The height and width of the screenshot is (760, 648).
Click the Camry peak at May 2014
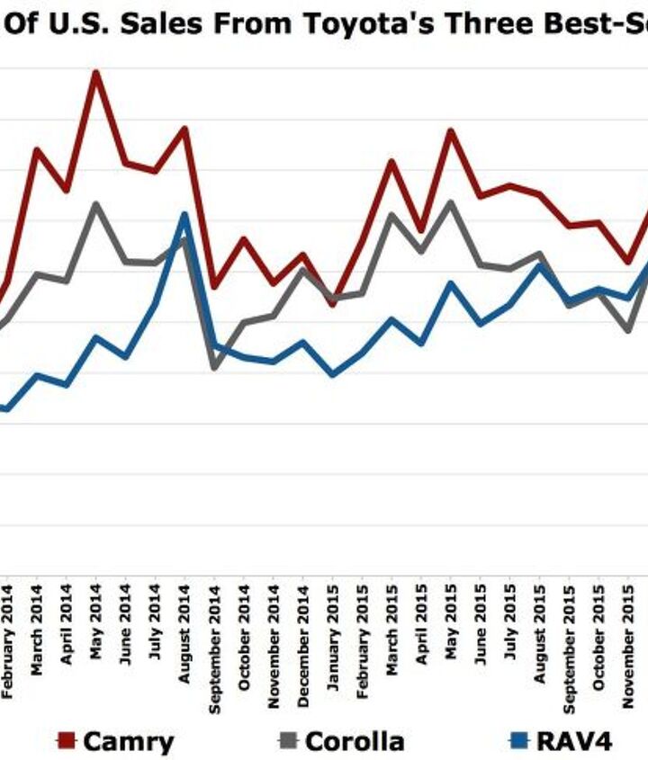[x=95, y=72]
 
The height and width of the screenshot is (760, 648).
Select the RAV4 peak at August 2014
[x=184, y=214]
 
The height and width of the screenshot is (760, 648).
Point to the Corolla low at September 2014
[x=213, y=368]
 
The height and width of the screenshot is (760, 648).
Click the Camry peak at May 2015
[x=450, y=131]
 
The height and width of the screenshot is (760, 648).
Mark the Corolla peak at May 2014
[x=95, y=204]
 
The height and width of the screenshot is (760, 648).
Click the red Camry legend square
[x=65, y=740]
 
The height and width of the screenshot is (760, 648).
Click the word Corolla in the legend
[x=355, y=741]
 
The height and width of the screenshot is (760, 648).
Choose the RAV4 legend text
[x=573, y=741]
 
